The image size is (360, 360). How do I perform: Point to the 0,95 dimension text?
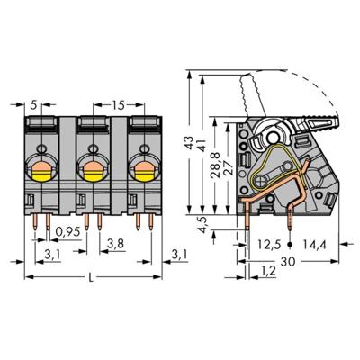coord(66,232)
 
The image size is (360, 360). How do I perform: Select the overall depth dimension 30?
coord(287,261)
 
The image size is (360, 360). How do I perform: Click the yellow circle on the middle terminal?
coord(91,166)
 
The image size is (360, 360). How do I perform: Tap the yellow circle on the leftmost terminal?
coord(42,166)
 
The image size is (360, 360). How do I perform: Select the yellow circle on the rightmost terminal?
coord(139,166)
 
